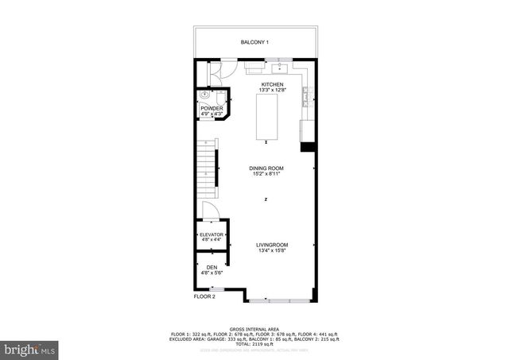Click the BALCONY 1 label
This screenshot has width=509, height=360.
[255, 42]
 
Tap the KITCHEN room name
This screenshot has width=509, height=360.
[272, 83]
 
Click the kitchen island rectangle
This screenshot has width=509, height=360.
[266, 116]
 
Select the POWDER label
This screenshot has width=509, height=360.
[212, 108]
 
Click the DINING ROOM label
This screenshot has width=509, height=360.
[267, 168]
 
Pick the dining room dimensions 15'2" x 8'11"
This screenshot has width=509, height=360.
[267, 174]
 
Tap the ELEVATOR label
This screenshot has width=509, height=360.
[212, 235]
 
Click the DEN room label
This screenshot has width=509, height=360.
[212, 267]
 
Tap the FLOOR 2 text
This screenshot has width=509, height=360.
[205, 296]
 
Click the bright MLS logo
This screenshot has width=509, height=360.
[29, 349]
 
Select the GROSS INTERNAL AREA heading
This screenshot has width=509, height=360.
[254, 328]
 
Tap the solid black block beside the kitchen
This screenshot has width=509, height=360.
[306, 147]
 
